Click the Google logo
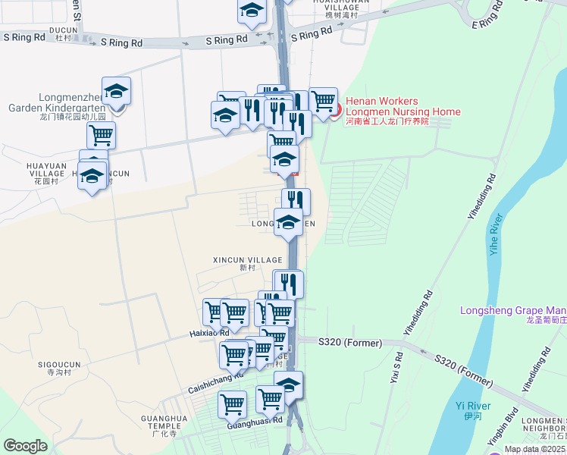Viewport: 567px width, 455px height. [26, 446]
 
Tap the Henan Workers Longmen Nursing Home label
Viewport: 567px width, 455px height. [403, 107]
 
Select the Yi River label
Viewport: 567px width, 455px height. [473, 409]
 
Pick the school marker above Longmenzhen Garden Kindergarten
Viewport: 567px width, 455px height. [116, 92]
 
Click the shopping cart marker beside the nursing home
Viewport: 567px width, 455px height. [323, 101]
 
